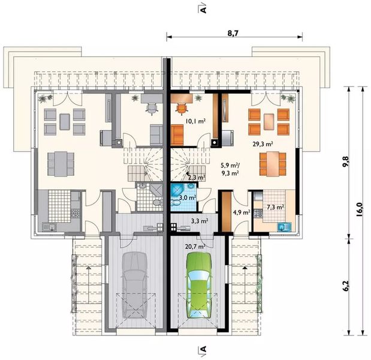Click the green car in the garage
(199, 286)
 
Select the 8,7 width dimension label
(233, 33)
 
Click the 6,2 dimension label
(345, 286)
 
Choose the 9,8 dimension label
(345, 162)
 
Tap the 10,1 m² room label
(195, 121)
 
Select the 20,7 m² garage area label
(195, 247)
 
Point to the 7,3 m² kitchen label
(276, 207)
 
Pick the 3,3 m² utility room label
(200, 221)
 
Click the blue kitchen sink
(284, 227)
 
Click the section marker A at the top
(203, 7)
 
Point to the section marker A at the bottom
(203, 349)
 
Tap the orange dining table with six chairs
(273, 164)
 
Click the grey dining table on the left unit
(61, 164)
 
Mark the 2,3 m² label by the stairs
(197, 177)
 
